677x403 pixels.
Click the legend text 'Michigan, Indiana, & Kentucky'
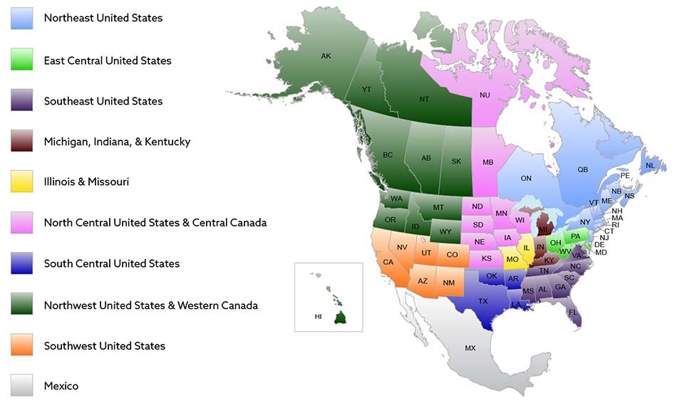[117, 142]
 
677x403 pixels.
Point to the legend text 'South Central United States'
[112, 263]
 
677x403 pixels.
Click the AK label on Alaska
[326, 56]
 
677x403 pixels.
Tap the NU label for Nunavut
[485, 95]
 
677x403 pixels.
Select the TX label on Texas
[482, 301]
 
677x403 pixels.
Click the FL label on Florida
[573, 312]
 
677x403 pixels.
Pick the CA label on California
[388, 262]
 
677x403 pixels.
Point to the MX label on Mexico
[470, 348]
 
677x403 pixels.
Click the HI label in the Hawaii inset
[319, 316]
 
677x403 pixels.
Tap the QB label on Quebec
[583, 169]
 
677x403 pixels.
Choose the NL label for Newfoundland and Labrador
[649, 166]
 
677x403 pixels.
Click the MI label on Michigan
[542, 230]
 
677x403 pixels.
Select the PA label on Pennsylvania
[576, 236]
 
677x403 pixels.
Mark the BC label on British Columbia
[388, 155]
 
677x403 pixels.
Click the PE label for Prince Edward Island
[625, 175]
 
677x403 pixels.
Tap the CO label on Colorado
[452, 254]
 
